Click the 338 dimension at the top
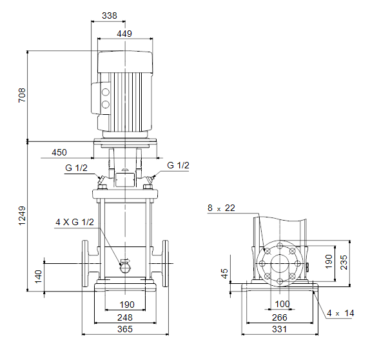[x=110, y=15]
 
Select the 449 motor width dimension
[x=124, y=34]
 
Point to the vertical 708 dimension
[x=22, y=95]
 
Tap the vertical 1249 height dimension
[x=22, y=215]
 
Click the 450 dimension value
[x=59, y=152]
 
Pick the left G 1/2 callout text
[x=76, y=168]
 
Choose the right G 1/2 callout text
[x=178, y=165]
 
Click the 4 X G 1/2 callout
[x=75, y=222]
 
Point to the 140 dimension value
[x=38, y=277]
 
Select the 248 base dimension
[x=125, y=317]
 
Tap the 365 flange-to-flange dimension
[x=125, y=329]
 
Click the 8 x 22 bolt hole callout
[x=221, y=208]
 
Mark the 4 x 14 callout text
[x=340, y=313]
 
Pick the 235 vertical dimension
[x=344, y=262]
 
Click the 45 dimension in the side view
[x=224, y=274]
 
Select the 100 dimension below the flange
[x=282, y=304]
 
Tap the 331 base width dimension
[x=280, y=329]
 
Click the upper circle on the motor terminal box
[x=106, y=92]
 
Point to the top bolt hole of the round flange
[x=280, y=246]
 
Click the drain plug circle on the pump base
[x=125, y=268]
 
